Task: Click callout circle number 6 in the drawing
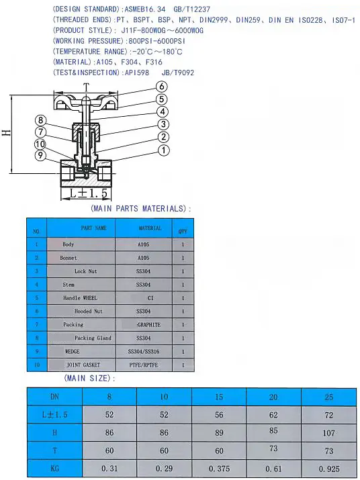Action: [x=162, y=87]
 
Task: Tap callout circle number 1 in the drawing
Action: [x=164, y=150]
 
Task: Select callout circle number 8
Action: [x=41, y=120]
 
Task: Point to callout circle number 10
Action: [x=40, y=144]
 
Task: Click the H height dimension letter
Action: [x=7, y=132]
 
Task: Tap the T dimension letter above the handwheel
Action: [x=86, y=88]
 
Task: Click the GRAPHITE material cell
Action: [x=149, y=325]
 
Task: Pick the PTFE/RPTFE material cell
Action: [x=144, y=365]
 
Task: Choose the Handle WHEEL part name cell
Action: [x=80, y=298]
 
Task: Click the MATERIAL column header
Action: [x=150, y=228]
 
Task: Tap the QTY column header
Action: [x=183, y=232]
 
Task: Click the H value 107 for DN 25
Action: [x=328, y=433]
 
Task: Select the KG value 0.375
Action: [x=219, y=469]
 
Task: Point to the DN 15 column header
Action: [x=219, y=397]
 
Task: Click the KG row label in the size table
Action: [x=54, y=468]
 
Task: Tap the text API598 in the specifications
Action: [x=136, y=73]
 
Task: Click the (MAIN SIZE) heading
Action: [x=90, y=379]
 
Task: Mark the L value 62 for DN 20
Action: [x=273, y=415]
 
